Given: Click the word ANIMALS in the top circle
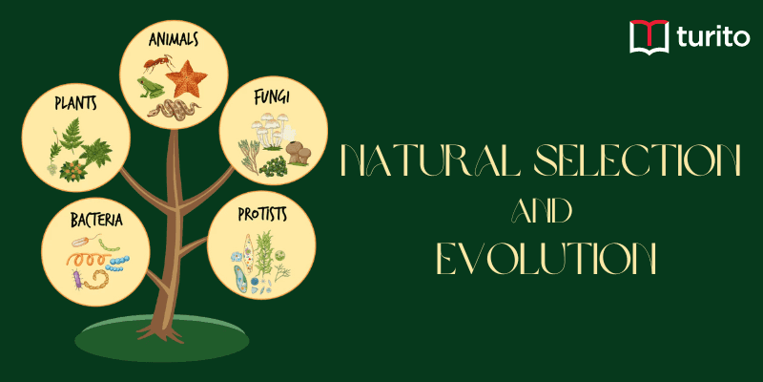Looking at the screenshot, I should pos(173,40).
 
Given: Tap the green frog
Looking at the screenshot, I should pos(150,88).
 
